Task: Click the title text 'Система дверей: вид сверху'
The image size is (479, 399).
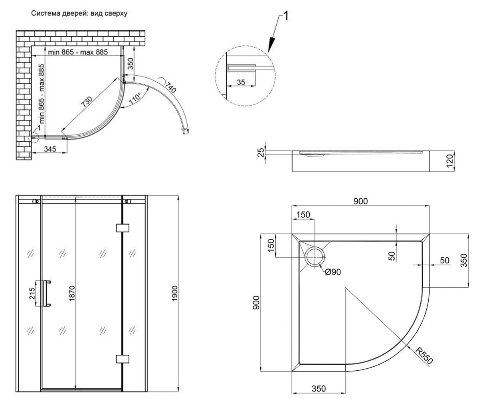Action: point(79,14)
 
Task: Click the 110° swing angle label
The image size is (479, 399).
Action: point(135,98)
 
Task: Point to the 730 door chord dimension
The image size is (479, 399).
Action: point(87,102)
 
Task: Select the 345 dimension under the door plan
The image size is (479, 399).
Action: point(50,149)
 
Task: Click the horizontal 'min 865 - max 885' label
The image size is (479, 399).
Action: point(78,52)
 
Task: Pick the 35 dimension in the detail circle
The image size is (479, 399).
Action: point(241,82)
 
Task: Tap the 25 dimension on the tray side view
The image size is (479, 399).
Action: point(261,152)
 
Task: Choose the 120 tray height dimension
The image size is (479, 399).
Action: point(450,161)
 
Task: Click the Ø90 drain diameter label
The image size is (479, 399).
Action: point(333,272)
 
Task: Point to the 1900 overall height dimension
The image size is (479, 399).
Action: point(175,294)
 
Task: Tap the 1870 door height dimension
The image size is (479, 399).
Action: point(72,294)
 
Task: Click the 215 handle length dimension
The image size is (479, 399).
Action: point(32,294)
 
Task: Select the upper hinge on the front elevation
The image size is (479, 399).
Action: point(123,228)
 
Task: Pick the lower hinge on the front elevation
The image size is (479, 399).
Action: point(123,359)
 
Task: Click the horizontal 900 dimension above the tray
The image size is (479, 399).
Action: point(360,201)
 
